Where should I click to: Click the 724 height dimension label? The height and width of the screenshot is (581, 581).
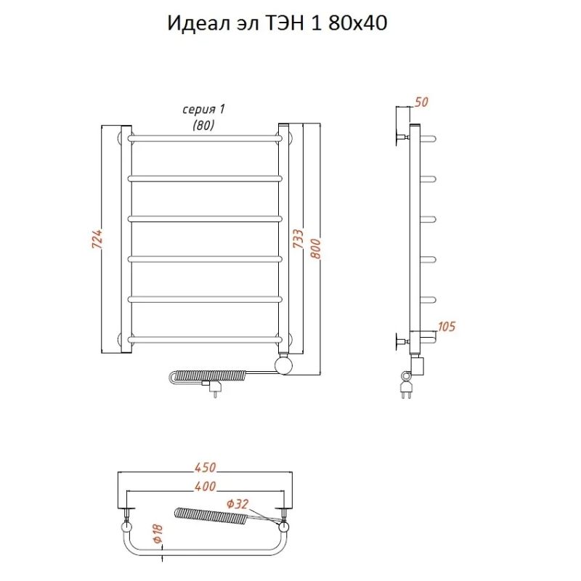tap(97, 240)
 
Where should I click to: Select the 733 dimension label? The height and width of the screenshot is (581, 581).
tap(297, 240)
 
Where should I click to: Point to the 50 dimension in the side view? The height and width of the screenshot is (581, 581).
tap(420, 102)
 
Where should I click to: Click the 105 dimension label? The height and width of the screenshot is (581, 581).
tap(447, 327)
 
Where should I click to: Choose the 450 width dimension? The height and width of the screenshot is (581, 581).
tap(205, 468)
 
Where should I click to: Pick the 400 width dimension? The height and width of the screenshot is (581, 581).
tap(205, 486)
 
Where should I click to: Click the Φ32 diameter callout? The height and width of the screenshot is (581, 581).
tap(237, 504)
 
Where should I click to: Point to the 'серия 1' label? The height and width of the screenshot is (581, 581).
tap(203, 110)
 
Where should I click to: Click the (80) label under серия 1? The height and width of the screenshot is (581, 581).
tap(203, 125)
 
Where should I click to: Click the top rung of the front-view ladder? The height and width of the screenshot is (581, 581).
tap(205, 137)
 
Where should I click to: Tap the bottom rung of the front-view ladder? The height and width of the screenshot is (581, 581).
tap(205, 338)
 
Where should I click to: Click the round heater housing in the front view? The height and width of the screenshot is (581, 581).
tap(284, 363)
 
